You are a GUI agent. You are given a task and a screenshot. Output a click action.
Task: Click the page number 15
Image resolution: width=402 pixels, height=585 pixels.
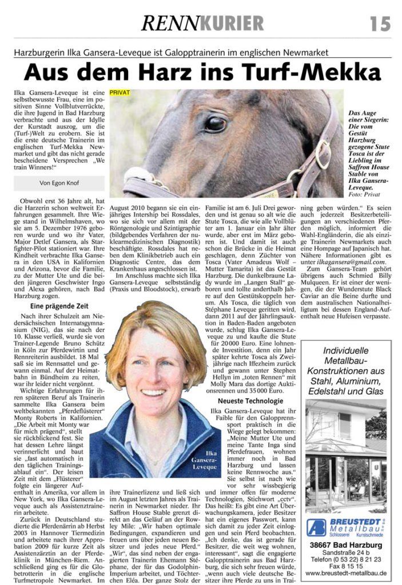380,23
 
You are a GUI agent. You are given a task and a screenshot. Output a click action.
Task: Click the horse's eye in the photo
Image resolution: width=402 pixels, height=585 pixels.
215,123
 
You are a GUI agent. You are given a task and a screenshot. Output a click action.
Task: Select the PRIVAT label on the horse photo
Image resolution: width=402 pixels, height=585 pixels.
120,92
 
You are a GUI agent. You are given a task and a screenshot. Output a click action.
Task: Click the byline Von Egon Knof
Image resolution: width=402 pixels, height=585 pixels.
59,183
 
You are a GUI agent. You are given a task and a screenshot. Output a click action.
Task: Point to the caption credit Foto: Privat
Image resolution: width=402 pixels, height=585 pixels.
364,195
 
